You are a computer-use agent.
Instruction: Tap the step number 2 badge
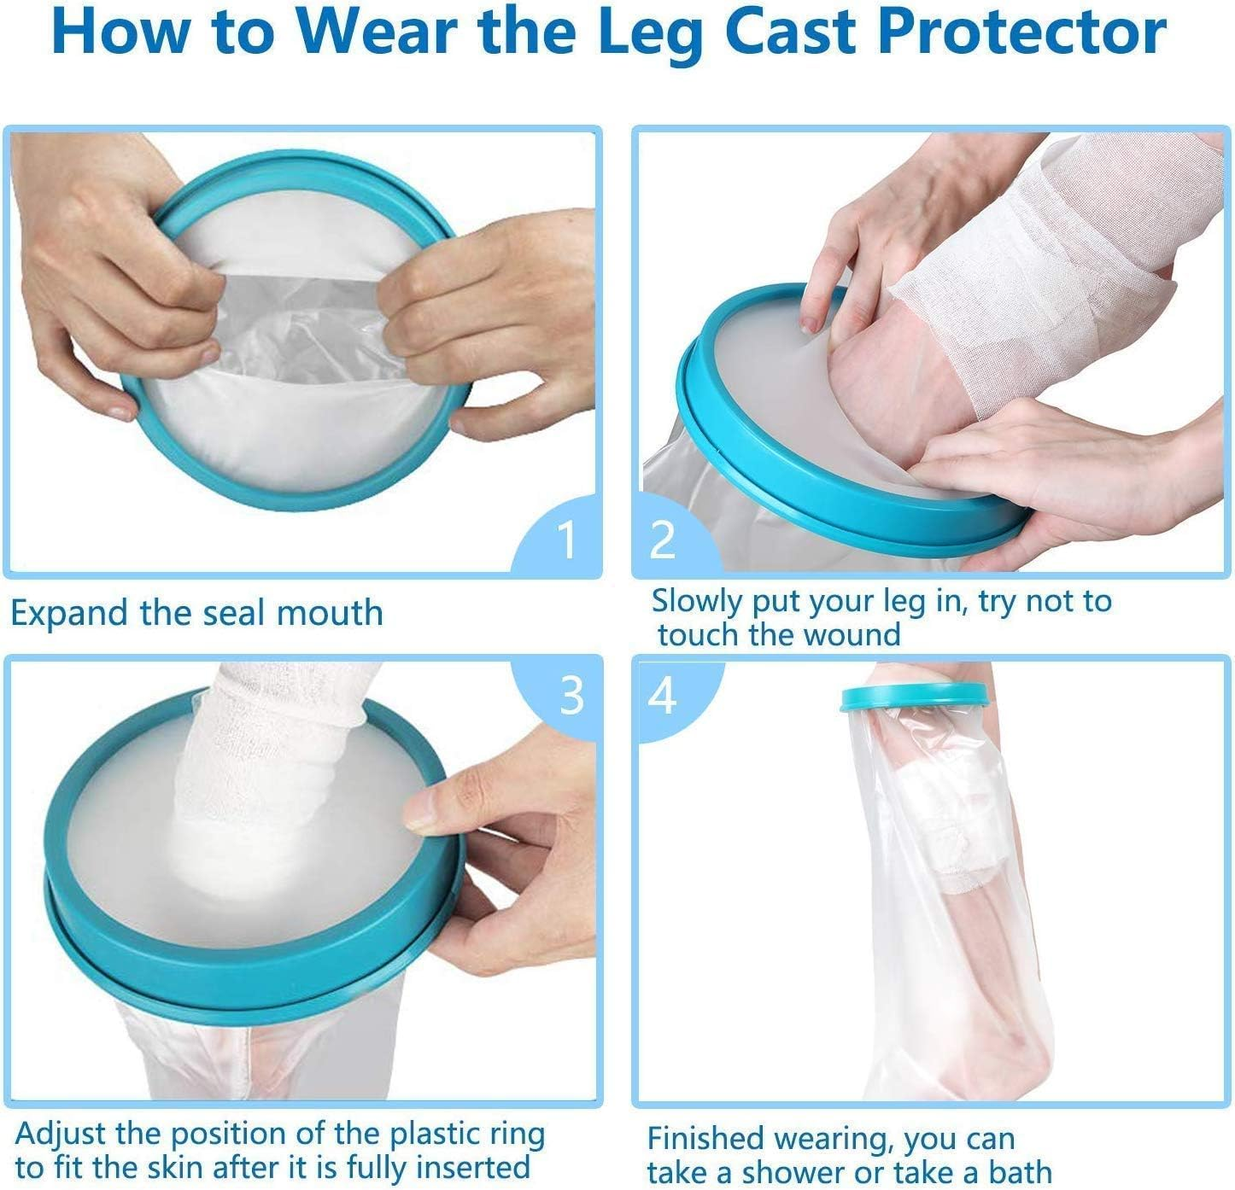point(663,539)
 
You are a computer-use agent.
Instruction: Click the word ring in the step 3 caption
point(514,1135)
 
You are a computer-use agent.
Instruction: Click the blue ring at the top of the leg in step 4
point(914,697)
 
